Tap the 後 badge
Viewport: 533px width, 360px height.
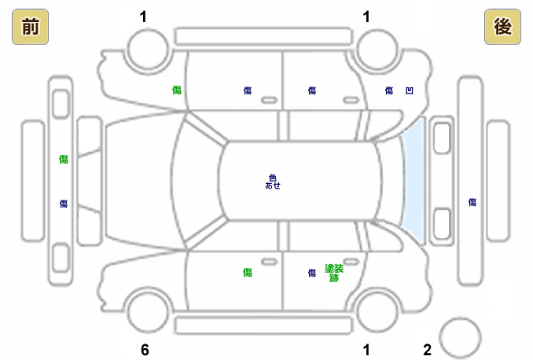click(502, 28)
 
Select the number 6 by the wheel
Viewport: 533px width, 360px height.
click(145, 349)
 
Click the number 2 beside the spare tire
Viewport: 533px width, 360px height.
click(428, 349)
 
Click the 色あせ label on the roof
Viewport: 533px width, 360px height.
click(273, 182)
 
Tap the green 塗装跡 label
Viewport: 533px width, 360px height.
click(334, 273)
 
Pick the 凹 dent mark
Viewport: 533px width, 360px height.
click(409, 91)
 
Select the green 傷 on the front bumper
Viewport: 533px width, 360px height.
click(64, 159)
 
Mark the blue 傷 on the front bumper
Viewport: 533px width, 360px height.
click(64, 204)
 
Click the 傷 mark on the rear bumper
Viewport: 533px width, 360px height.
click(472, 202)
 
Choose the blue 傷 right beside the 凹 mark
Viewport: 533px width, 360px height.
click(389, 91)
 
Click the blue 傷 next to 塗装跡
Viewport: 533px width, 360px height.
click(312, 273)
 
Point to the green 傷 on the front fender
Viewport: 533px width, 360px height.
click(177, 90)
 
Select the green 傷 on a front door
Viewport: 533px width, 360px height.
click(248, 273)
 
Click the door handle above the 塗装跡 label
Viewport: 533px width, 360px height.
click(349, 259)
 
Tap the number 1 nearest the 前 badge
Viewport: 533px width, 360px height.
click(143, 16)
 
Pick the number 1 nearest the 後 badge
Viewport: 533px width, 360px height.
click(366, 16)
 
